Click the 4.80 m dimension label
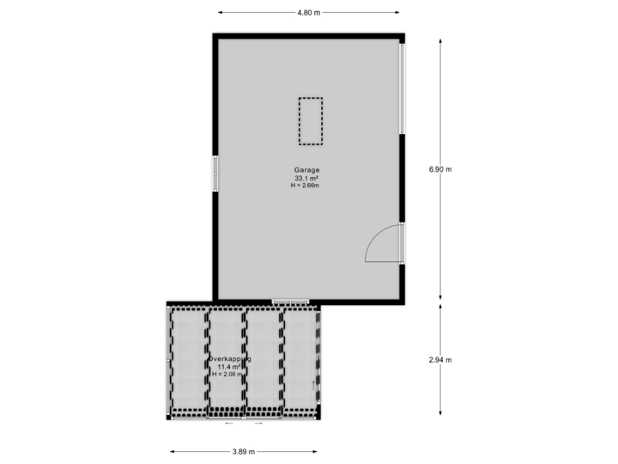tap(309, 13)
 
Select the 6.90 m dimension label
tap(440, 169)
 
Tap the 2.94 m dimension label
tap(440, 360)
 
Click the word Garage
tap(310, 170)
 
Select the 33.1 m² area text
tap(310, 178)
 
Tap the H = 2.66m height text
tap(310, 186)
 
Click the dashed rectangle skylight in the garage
tap(310, 121)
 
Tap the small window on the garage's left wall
tap(215, 174)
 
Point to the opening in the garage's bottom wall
tap(290, 302)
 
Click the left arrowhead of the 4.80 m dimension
tap(220, 13)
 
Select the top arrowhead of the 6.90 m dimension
tap(440, 37)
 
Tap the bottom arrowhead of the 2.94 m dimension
tap(440, 417)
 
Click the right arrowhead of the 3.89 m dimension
tap(316, 451)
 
